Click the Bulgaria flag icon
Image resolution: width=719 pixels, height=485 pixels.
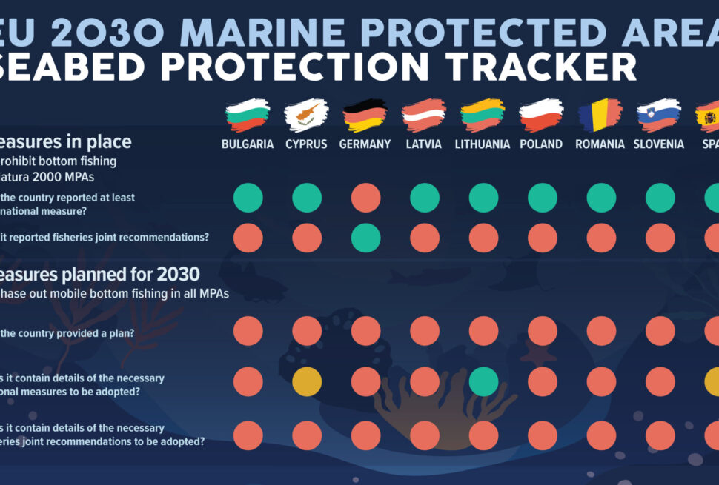click(248, 116)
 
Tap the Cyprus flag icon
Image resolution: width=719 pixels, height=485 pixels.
click(306, 116)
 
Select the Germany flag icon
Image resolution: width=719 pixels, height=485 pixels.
click(365, 116)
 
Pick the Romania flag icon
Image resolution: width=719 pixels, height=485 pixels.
click(600, 116)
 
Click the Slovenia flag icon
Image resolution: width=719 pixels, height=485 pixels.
click(659, 116)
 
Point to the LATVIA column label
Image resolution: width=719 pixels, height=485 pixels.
click(424, 144)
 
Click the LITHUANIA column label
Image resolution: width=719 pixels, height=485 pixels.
click(483, 144)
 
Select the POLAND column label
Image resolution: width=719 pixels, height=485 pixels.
click(541, 144)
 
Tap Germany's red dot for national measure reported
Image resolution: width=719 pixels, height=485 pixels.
click(365, 198)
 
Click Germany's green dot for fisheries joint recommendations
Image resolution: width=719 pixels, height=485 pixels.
click(365, 238)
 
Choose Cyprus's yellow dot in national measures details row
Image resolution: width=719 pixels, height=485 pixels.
click(307, 381)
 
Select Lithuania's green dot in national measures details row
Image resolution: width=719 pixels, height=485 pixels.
click(483, 381)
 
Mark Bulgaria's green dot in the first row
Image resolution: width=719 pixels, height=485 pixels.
click(248, 198)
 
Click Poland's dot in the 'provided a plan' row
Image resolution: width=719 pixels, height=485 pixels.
click(542, 331)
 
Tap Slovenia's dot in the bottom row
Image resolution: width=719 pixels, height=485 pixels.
click(660, 435)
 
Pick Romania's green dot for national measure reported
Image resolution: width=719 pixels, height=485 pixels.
click(601, 198)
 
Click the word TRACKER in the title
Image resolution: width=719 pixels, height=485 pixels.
click(534, 67)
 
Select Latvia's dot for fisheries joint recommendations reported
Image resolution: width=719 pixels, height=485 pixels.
click(425, 238)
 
